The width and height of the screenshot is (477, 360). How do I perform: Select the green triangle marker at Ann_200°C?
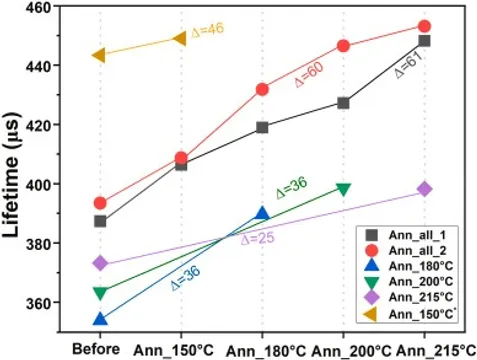pyautogui.click(x=344, y=189)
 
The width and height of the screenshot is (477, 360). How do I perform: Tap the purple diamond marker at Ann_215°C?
pyautogui.click(x=425, y=189)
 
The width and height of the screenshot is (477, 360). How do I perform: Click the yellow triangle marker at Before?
pyautogui.click(x=100, y=55)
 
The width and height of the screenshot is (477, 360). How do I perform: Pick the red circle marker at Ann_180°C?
pyautogui.click(x=262, y=89)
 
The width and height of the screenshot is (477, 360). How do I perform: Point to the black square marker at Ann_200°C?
pyautogui.click(x=344, y=103)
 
